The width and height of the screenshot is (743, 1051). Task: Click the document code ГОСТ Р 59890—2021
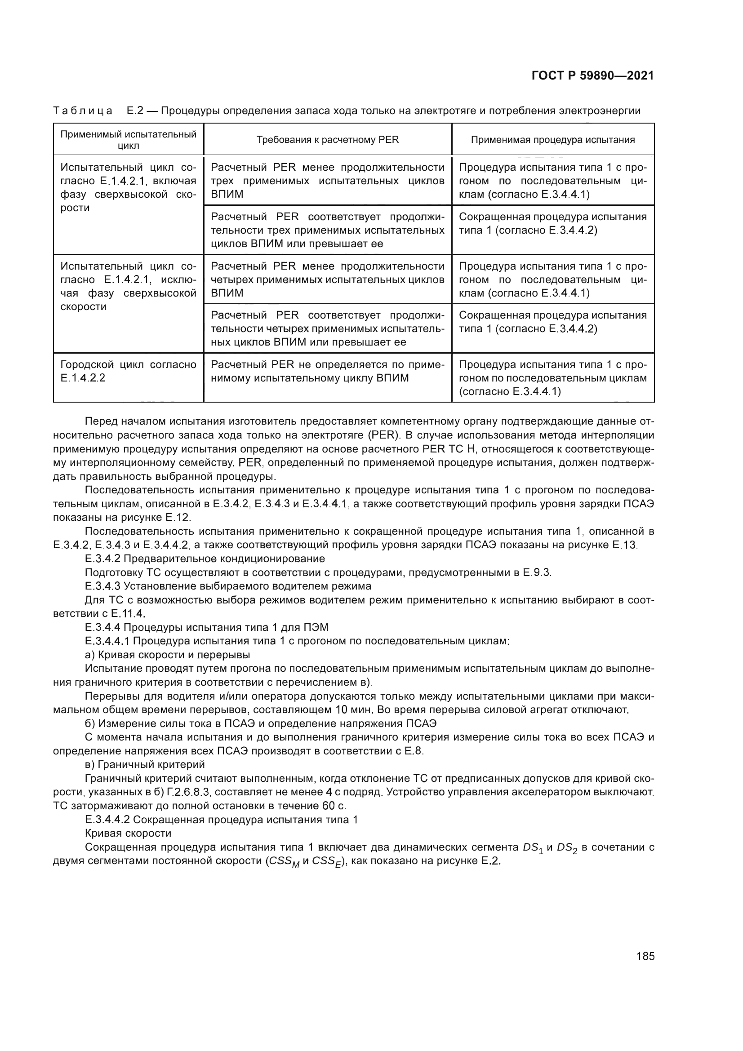tap(592, 75)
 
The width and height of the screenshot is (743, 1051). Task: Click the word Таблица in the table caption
tap(83, 111)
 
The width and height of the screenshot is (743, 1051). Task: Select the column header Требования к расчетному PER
tap(327, 140)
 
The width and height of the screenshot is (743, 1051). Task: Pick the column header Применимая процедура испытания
tap(552, 140)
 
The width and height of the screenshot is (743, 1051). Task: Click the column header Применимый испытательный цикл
tap(128, 140)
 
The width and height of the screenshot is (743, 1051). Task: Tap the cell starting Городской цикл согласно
tap(128, 371)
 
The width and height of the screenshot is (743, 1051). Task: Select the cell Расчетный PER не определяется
tap(327, 371)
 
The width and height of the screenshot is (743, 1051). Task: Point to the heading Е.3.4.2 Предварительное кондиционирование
tap(205, 559)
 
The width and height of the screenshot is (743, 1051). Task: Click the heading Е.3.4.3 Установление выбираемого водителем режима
tap(228, 586)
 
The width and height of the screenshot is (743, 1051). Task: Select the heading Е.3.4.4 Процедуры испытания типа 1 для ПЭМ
tap(206, 627)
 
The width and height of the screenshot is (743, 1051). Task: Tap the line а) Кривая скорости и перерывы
tap(168, 654)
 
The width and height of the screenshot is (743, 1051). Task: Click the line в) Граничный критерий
tap(145, 764)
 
